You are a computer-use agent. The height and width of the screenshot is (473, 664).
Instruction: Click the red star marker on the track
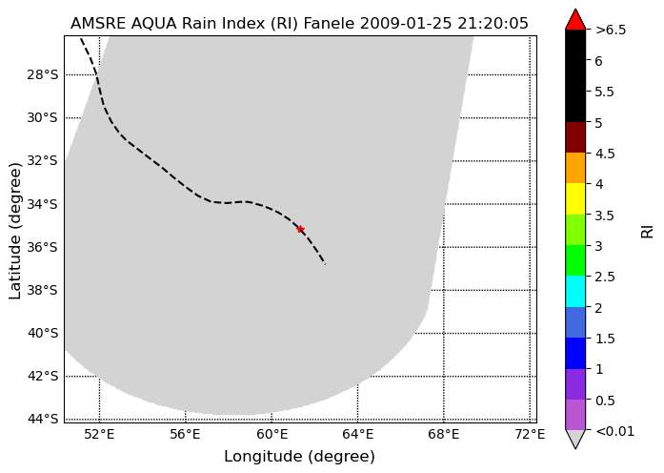[x=300, y=229]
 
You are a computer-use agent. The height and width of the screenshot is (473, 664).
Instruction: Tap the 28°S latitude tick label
[x=42, y=74]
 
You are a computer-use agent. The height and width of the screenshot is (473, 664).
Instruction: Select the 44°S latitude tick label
[x=42, y=419]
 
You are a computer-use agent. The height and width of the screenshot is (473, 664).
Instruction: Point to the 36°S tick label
[x=42, y=247]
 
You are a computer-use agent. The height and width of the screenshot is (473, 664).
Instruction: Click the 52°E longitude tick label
[x=99, y=434]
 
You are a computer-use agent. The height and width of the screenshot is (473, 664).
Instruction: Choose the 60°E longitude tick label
[x=272, y=434]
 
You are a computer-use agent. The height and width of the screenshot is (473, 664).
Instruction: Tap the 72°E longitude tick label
[x=530, y=434]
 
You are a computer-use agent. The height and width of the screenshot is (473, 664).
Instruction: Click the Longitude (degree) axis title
[x=299, y=457]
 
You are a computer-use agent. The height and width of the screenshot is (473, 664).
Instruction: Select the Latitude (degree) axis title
[x=15, y=231]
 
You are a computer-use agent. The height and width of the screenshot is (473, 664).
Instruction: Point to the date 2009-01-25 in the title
[x=406, y=23]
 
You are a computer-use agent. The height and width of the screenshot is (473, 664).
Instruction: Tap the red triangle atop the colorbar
[x=575, y=20]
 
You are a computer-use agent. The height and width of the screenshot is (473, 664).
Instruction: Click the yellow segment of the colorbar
[x=575, y=199]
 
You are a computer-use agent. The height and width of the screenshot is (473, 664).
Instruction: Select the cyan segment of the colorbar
[x=575, y=291]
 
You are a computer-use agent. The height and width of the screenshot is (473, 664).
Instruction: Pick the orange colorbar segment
[x=575, y=168]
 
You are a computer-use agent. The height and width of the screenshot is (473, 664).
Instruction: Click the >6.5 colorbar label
[x=611, y=31]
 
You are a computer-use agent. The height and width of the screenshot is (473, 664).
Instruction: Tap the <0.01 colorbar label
[x=614, y=431]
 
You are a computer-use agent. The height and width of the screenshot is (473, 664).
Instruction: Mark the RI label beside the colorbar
[x=648, y=232]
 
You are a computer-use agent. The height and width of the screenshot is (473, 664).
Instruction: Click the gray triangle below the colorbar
[x=575, y=440]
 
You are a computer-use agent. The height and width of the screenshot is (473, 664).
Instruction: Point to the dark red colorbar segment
[x=575, y=137]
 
